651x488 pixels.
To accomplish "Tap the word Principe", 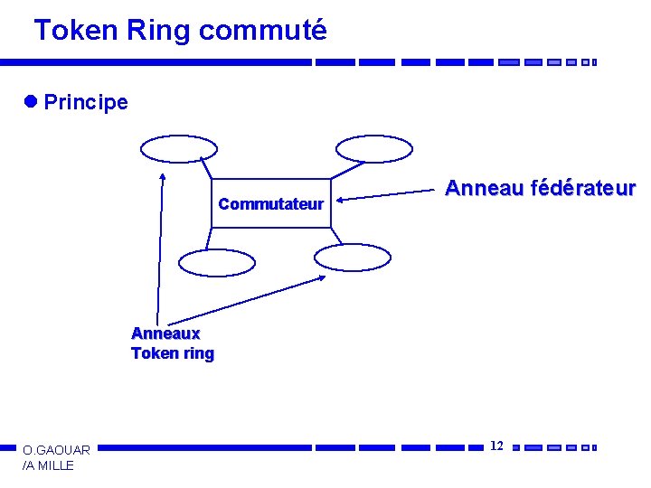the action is (86, 102).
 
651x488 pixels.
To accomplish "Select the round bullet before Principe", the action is (33, 101).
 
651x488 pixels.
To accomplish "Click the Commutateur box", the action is (270, 203).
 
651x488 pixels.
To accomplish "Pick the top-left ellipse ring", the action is (178, 148).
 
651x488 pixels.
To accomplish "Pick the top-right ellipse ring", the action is (373, 148).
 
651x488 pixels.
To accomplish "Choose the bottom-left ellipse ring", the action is (217, 261).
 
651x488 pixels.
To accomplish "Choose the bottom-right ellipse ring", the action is (353, 258).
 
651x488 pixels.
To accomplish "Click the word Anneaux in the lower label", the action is (165, 334).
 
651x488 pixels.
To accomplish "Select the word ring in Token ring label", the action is (197, 353).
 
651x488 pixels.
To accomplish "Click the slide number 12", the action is (496, 446).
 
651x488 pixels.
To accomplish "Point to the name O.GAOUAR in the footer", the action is (56, 450).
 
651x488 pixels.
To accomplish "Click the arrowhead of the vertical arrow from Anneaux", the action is (162, 177).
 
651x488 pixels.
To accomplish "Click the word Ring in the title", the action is (158, 31).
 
